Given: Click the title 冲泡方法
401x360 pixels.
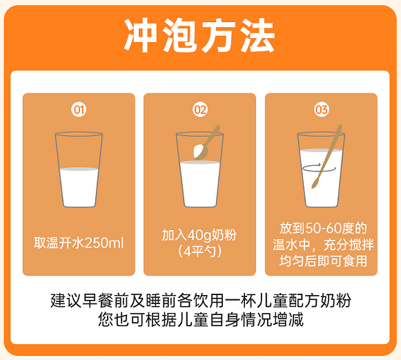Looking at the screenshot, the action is point(199,35).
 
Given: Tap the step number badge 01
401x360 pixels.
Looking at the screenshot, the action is point(79,110).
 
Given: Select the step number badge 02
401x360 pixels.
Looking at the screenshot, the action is point(200,110).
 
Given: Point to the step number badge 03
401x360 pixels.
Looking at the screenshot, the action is point(322,110).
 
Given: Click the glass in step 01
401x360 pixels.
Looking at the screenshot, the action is point(79,169).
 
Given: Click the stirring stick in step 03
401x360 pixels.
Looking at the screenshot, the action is point(327,156).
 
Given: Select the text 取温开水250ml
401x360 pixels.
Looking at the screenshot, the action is point(79,243).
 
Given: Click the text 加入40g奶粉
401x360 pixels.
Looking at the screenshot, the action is point(199,235).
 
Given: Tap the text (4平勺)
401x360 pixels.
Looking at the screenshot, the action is point(199,252).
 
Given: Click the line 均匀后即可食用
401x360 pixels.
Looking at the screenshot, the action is point(324,261).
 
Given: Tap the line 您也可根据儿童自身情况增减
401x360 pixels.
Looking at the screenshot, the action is point(201,319).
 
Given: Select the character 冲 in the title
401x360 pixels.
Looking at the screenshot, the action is point(140,35).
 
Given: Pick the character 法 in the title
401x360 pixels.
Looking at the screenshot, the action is point(258,35).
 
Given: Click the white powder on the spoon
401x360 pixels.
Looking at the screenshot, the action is point(199,151).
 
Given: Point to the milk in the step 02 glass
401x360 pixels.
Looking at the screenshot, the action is point(200,184).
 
